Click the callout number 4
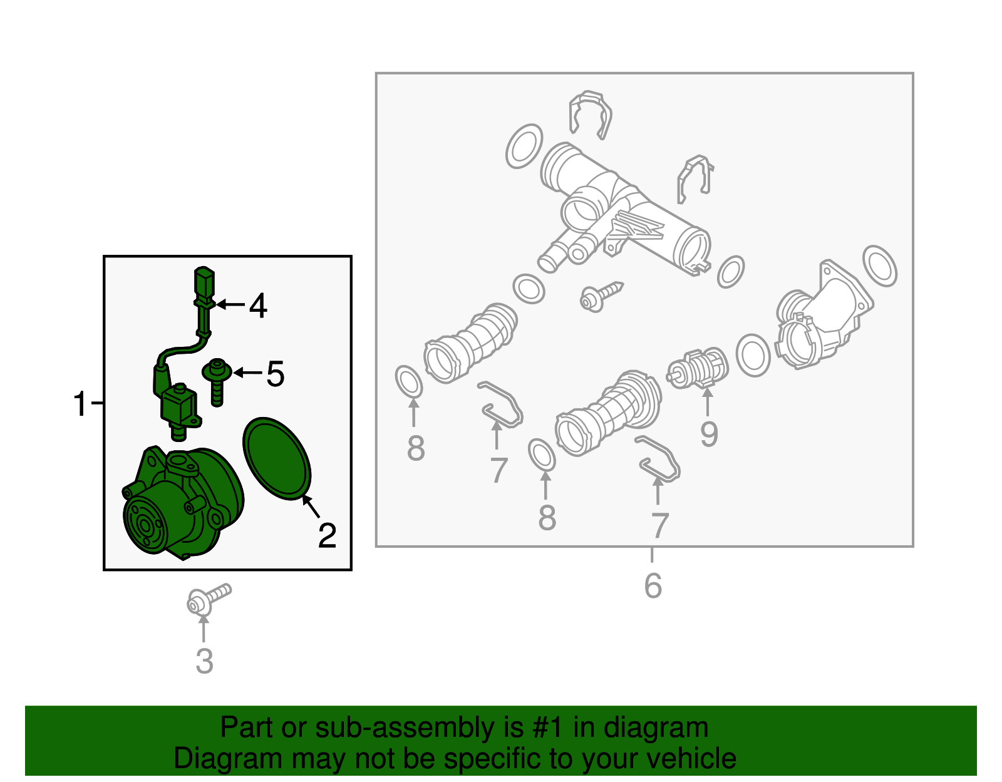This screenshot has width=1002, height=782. tap(258, 305)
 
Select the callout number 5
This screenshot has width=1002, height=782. tap(276, 373)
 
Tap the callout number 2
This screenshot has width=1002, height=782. tap(327, 535)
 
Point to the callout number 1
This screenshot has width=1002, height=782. tap(80, 404)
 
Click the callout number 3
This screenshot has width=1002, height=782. tap(204, 661)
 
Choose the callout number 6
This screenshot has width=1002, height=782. tap(653, 585)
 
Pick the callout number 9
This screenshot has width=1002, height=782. tap(709, 434)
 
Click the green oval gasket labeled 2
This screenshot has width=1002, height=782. tap(277, 458)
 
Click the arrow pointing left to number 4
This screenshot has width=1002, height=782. tap(230, 304)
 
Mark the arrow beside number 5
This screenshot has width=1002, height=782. tap(247, 373)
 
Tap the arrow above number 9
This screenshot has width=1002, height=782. tap(707, 403)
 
